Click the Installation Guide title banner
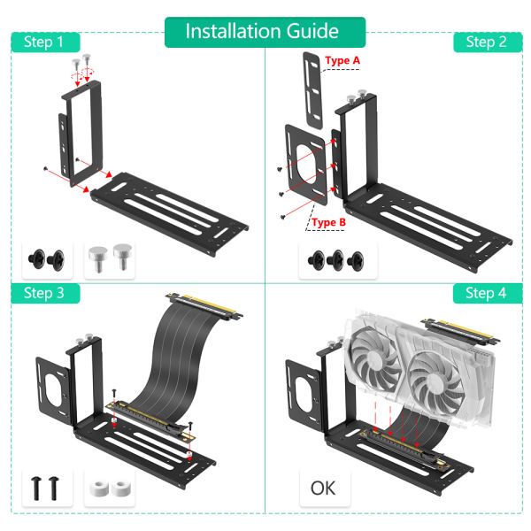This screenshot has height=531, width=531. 263,31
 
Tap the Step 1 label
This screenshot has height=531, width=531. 44,42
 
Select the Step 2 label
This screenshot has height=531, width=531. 486,42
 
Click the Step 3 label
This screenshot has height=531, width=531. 44,293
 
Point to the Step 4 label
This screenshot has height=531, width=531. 486,293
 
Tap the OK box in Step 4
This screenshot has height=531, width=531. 324,487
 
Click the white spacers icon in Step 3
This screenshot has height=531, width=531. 111,488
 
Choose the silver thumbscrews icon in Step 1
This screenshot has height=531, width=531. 111,259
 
